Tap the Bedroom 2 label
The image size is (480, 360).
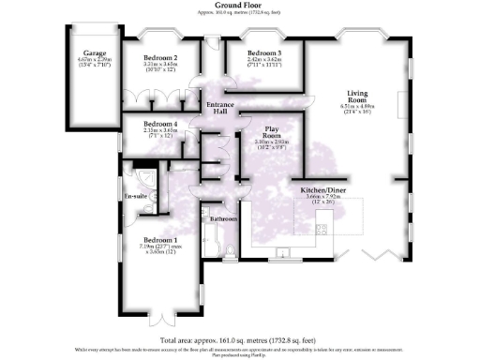pyautogui.click(x=160, y=58)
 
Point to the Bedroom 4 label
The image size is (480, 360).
pyautogui.click(x=160, y=124)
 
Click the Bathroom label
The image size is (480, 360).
pyautogui.click(x=224, y=218)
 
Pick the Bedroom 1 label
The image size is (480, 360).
pyautogui.click(x=160, y=240)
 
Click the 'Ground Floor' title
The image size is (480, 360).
pyautogui.click(x=240, y=6)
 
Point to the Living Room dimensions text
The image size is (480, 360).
pyautogui.click(x=357, y=107)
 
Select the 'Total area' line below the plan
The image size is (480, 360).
pyautogui.click(x=240, y=338)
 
